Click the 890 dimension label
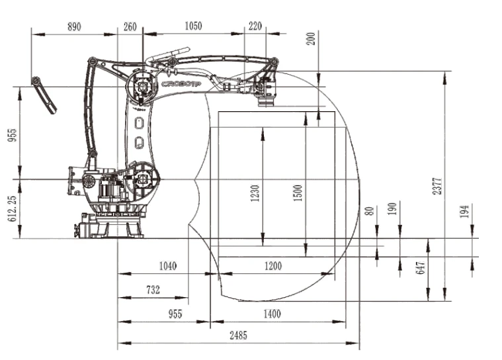pyautogui.click(x=74, y=26)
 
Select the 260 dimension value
pyautogui.click(x=130, y=26)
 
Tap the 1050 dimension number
pyautogui.click(x=193, y=26)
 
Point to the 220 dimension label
pyautogui.click(x=255, y=26)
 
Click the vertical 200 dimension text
pyautogui.click(x=311, y=38)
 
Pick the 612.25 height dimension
pyautogui.click(x=12, y=208)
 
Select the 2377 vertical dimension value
pyautogui.click(x=437, y=186)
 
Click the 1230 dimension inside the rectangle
pyautogui.click(x=255, y=193)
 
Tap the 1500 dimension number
pyautogui.click(x=298, y=193)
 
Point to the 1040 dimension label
pyautogui.click(x=168, y=266)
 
